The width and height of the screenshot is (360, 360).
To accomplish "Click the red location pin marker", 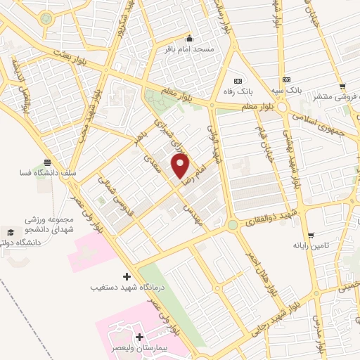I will [181, 166].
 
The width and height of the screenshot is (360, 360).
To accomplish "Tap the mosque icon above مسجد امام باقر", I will [188, 39].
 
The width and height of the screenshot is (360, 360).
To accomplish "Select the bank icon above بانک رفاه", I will [236, 80].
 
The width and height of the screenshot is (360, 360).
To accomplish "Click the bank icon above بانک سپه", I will [286, 80].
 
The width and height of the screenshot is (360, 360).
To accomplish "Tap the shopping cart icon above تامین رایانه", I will [311, 236].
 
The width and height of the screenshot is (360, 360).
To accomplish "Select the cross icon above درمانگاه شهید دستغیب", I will [127, 276].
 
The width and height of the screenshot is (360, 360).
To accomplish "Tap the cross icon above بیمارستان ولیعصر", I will [139, 337].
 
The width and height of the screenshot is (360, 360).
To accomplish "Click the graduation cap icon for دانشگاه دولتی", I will [10, 233].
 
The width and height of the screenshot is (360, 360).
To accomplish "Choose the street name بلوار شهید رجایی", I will [278, 317].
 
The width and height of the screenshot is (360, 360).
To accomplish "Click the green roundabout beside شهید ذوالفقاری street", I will [232, 225].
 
